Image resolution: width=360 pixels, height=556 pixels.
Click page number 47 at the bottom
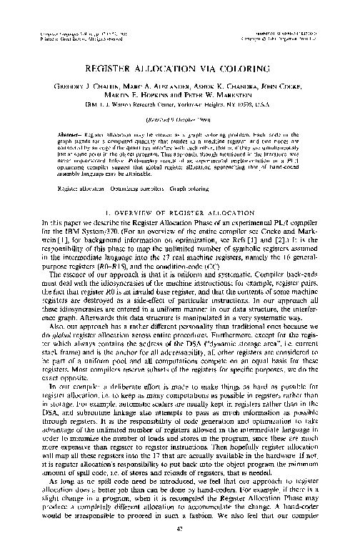pyautogui.click(x=179, y=547)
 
